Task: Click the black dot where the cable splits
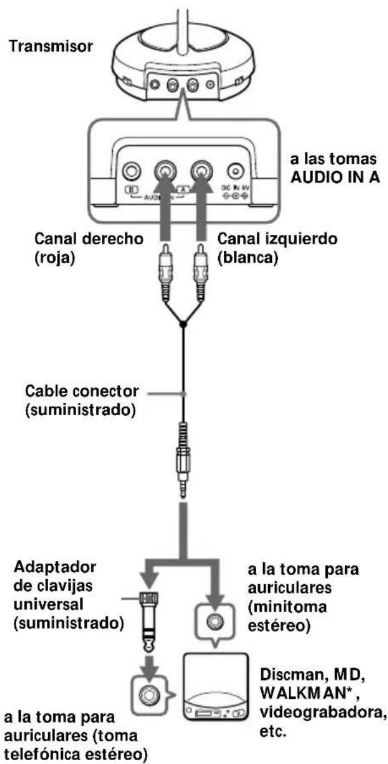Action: click(184, 324)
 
